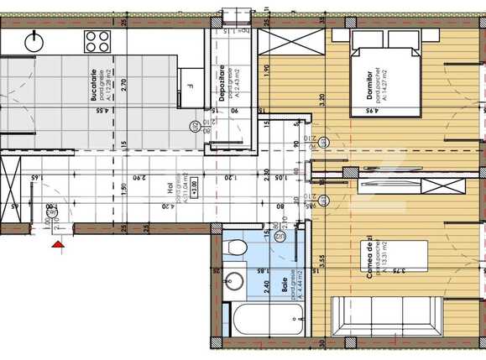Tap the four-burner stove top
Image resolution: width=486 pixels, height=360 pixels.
(x=97, y=40)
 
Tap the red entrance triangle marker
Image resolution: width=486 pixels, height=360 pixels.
(x=57, y=246)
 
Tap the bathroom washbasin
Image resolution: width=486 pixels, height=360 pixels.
(x=235, y=280)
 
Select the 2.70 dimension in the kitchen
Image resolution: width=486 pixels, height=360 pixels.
(x=124, y=84)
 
